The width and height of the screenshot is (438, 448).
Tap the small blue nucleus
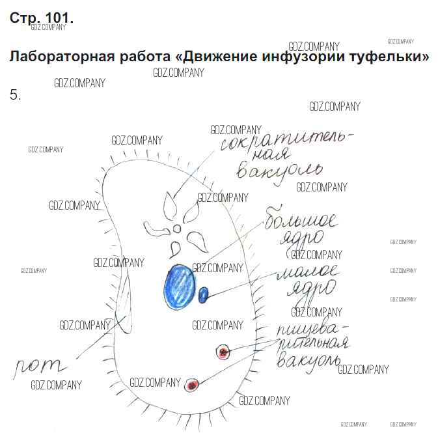[x=203, y=294]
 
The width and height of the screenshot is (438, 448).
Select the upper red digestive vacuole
[x=223, y=352]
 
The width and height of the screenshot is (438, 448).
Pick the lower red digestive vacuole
[x=191, y=385]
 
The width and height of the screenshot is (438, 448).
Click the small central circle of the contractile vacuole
[x=177, y=229]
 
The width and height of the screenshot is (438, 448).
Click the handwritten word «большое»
[x=301, y=220]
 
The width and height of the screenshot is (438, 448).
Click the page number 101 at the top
[x=60, y=18]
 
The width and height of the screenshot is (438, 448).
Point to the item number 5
[x=16, y=95]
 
